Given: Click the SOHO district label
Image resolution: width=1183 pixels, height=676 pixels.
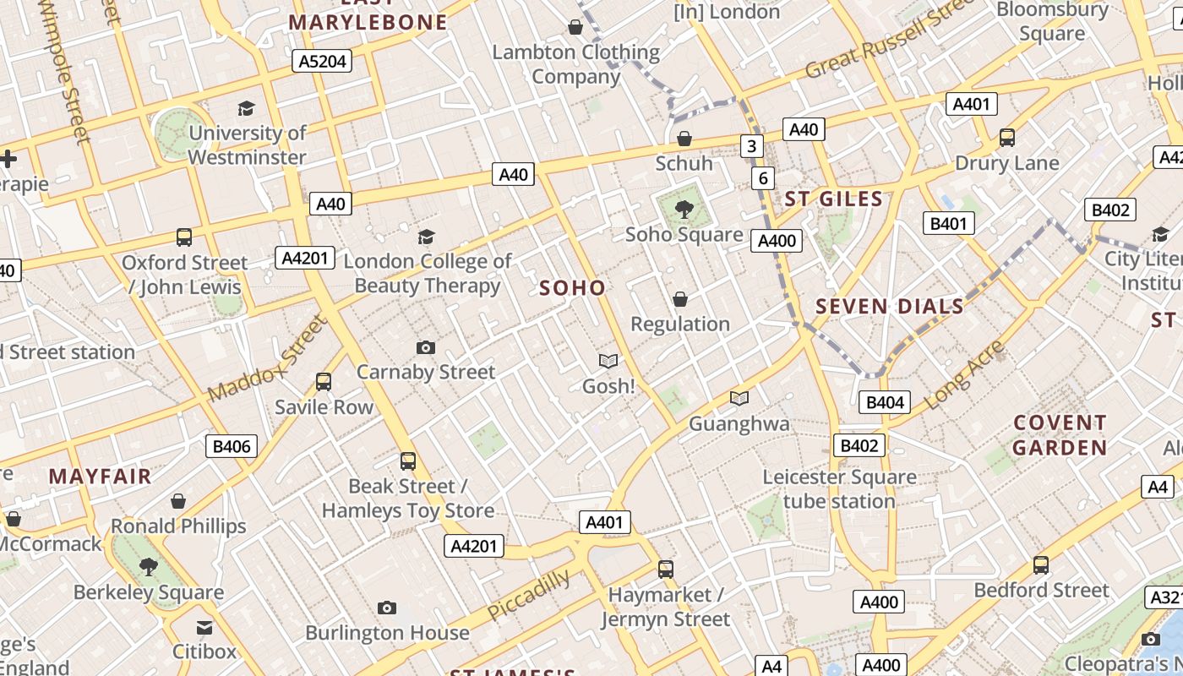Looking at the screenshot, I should pyautogui.click(x=572, y=288).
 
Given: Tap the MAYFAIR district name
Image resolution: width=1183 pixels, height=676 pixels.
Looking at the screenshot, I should pyautogui.click(x=100, y=477).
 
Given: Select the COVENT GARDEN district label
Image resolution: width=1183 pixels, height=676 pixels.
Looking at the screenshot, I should pyautogui.click(x=1060, y=435).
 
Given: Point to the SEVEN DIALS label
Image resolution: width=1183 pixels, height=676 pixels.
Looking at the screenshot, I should pyautogui.click(x=890, y=307).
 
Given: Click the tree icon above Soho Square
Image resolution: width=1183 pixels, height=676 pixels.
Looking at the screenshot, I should pyautogui.click(x=684, y=208).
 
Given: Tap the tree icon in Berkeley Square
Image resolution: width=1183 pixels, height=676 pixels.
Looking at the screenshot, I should pyautogui.click(x=149, y=566).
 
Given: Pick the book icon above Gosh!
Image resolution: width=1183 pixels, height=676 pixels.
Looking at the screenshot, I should pyautogui.click(x=608, y=361).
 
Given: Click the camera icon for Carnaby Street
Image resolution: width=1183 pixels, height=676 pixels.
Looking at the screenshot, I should pyautogui.click(x=426, y=347).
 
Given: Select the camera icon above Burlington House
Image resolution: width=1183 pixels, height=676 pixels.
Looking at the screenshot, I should pyautogui.click(x=387, y=608).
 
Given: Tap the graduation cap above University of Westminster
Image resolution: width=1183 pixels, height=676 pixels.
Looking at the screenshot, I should pyautogui.click(x=246, y=108).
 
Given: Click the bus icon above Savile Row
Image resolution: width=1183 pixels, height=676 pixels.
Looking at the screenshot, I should pyautogui.click(x=324, y=382).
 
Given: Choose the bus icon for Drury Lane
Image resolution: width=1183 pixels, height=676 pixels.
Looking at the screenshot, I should pyautogui.click(x=1006, y=137).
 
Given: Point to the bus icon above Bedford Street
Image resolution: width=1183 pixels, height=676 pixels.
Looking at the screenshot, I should pyautogui.click(x=1041, y=565).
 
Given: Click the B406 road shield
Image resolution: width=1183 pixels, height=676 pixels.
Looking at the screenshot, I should pyautogui.click(x=231, y=446).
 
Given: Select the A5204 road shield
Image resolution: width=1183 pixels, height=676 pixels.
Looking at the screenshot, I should pyautogui.click(x=321, y=61).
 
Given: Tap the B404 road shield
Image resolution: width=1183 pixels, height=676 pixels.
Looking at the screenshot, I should pyautogui.click(x=885, y=402).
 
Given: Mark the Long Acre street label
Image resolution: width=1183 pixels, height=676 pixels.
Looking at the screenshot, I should pyautogui.click(x=964, y=375).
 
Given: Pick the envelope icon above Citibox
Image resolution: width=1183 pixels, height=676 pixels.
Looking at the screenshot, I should pyautogui.click(x=204, y=627).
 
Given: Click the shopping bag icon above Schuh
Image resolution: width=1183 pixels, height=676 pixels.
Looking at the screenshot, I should pyautogui.click(x=684, y=138).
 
